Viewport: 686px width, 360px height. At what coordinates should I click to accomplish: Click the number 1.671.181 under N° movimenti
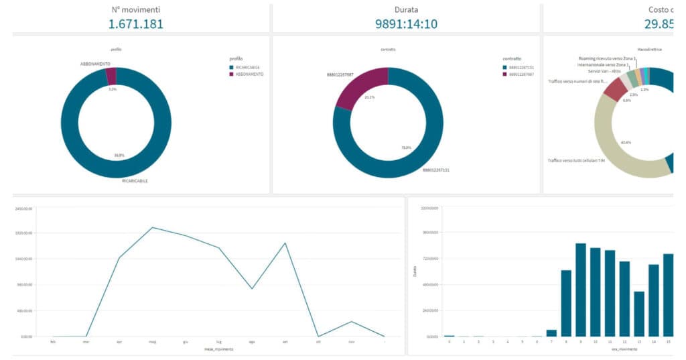click(136, 23)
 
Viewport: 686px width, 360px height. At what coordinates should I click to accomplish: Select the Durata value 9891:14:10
click(406, 23)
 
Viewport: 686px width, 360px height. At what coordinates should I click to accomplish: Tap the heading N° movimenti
click(136, 9)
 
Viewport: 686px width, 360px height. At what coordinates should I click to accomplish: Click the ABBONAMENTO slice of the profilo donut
click(111, 76)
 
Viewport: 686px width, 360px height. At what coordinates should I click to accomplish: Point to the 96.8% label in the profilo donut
click(119, 156)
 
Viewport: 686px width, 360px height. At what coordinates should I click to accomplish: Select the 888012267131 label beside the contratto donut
click(435, 170)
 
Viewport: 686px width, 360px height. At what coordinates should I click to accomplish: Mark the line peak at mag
click(152, 227)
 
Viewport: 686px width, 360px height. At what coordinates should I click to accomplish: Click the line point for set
click(285, 243)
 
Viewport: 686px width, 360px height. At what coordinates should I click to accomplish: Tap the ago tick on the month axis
click(252, 341)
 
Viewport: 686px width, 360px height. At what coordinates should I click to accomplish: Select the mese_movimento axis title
click(218, 349)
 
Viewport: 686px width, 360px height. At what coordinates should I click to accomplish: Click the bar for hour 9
click(581, 290)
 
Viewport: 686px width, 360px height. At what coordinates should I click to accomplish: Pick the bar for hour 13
click(639, 314)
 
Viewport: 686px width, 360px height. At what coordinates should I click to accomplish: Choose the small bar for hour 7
click(551, 333)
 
